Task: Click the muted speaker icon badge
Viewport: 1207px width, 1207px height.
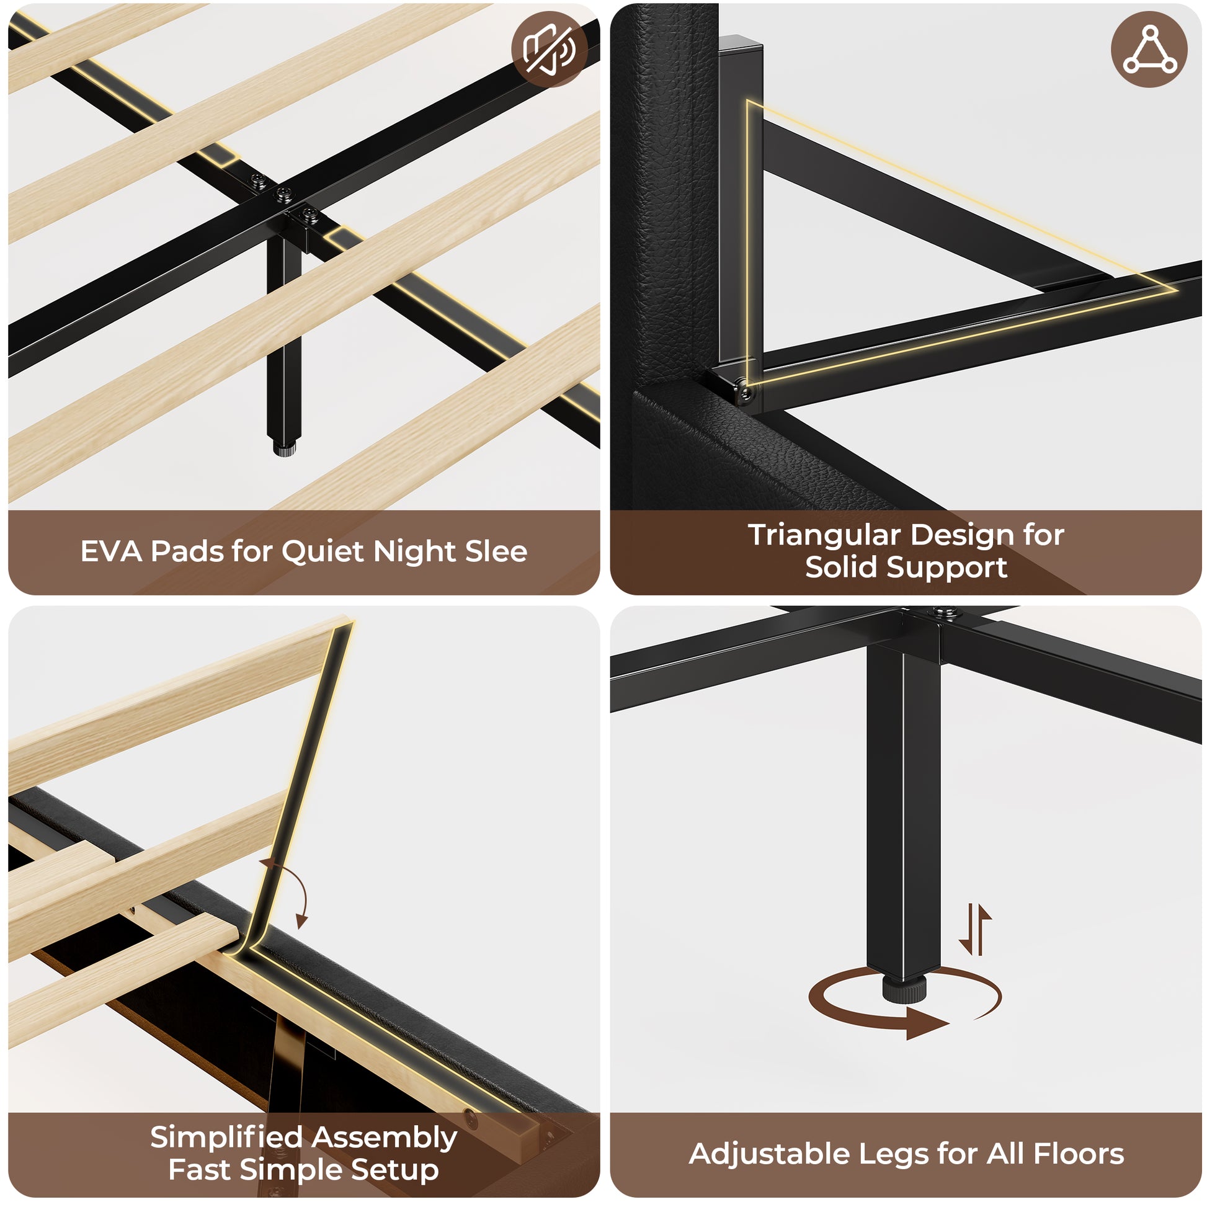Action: pyautogui.click(x=549, y=49)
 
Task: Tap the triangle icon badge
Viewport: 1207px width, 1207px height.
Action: pyautogui.click(x=1149, y=49)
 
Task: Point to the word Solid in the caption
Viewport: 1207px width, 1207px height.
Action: pyautogui.click(x=841, y=568)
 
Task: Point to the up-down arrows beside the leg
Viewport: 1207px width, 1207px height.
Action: pyautogui.click(x=974, y=930)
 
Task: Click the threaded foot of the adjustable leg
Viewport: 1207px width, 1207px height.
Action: pyautogui.click(x=902, y=989)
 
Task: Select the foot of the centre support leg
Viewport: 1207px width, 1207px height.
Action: pyautogui.click(x=284, y=448)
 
